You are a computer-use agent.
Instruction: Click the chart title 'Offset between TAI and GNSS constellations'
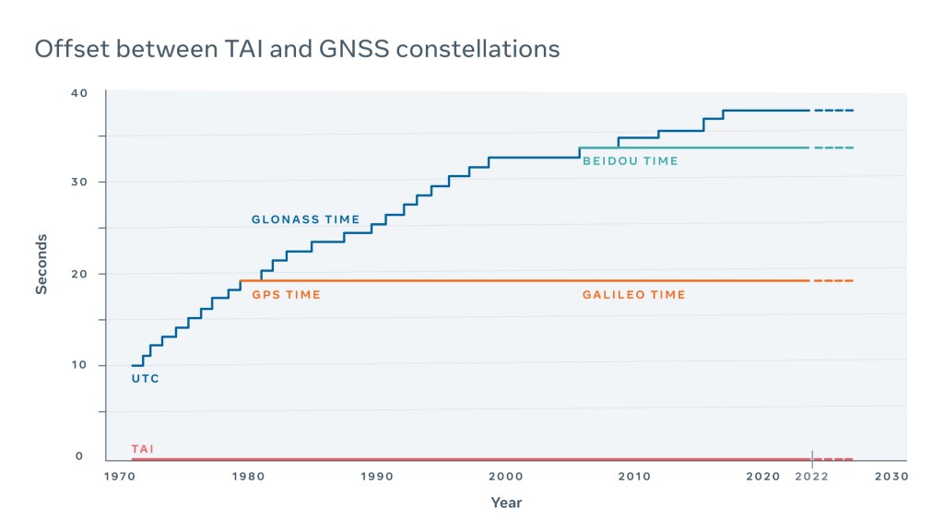[x=297, y=49]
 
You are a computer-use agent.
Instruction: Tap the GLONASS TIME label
[x=305, y=219]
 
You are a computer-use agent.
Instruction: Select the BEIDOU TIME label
[x=630, y=161]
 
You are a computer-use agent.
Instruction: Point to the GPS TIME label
[x=286, y=295]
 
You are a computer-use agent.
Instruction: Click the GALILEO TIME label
[x=633, y=295]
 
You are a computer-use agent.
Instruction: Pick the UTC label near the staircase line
[x=145, y=379]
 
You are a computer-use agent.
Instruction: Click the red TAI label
[x=142, y=449]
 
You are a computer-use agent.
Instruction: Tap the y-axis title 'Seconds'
[x=41, y=264]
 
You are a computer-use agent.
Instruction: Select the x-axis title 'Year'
[x=506, y=502]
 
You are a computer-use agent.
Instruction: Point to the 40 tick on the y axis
[x=79, y=93]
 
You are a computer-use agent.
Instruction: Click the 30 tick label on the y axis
[x=79, y=182]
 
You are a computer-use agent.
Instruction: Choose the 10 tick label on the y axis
[x=79, y=365]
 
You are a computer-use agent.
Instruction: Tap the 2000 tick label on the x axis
[x=506, y=477]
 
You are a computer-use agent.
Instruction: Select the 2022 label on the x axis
[x=812, y=477]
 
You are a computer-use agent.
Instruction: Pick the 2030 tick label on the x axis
[x=891, y=477]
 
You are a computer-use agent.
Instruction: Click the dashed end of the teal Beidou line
[x=833, y=147]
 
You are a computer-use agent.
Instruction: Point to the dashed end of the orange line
[x=833, y=280]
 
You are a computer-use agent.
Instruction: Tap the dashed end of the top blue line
[x=833, y=111]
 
